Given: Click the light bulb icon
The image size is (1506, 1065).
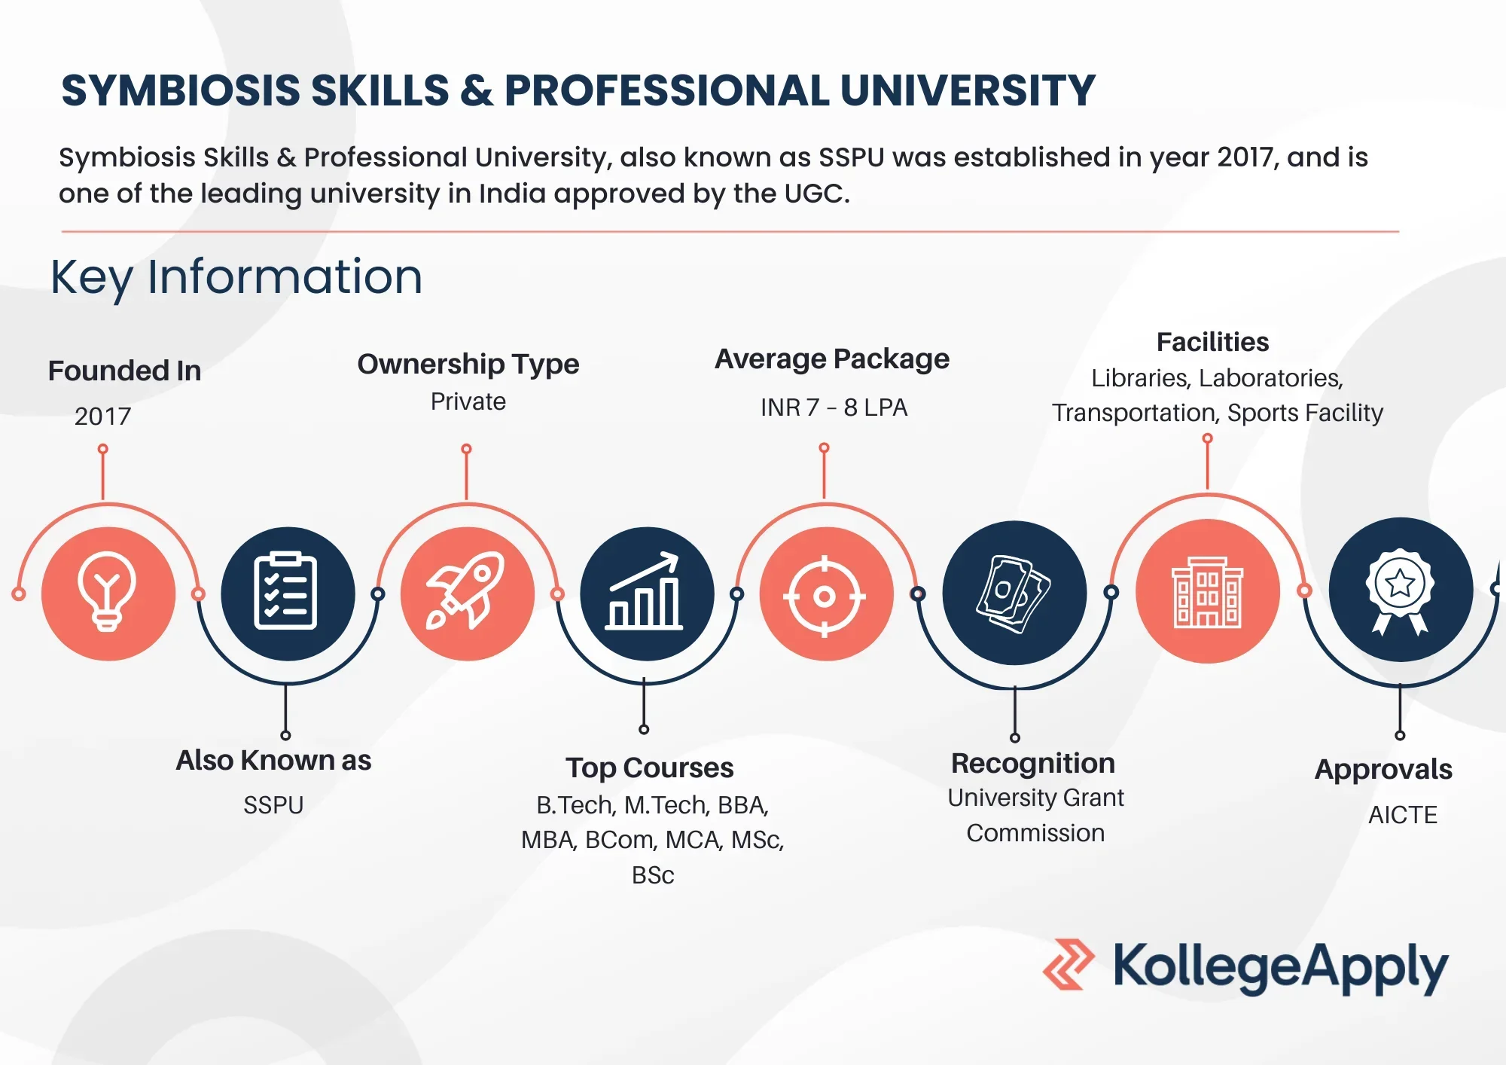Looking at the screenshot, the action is coord(107,592).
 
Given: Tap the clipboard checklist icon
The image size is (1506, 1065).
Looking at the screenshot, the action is coord(285,591).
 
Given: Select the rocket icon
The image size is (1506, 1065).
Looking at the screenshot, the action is coord(466,590).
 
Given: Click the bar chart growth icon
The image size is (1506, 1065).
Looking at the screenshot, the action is coord(645,591).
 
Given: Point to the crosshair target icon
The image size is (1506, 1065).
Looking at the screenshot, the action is coord(825,597).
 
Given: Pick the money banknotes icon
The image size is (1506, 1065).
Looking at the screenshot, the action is coord(1014,594).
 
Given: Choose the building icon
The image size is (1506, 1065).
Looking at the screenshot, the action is coord(1208,592).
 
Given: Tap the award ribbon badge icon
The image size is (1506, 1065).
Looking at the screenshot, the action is coord(1400,592).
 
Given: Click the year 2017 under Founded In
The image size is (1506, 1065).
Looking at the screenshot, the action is coord(102,416).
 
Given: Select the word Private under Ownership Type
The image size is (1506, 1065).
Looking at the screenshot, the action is coord(468,401).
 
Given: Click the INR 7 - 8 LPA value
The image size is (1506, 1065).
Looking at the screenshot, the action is coord(834,407).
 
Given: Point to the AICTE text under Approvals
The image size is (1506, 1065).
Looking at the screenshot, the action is coord(1402,814).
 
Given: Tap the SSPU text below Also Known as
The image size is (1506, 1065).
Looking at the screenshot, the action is coord(273,805).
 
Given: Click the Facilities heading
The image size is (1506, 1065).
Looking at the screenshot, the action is coord(1212,342).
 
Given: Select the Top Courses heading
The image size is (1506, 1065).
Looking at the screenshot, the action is coord(649,768).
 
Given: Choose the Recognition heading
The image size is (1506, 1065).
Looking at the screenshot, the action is coord(1032,764).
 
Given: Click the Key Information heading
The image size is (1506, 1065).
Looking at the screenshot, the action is coord(236,276).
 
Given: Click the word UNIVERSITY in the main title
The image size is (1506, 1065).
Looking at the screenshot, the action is coord(967,90).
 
